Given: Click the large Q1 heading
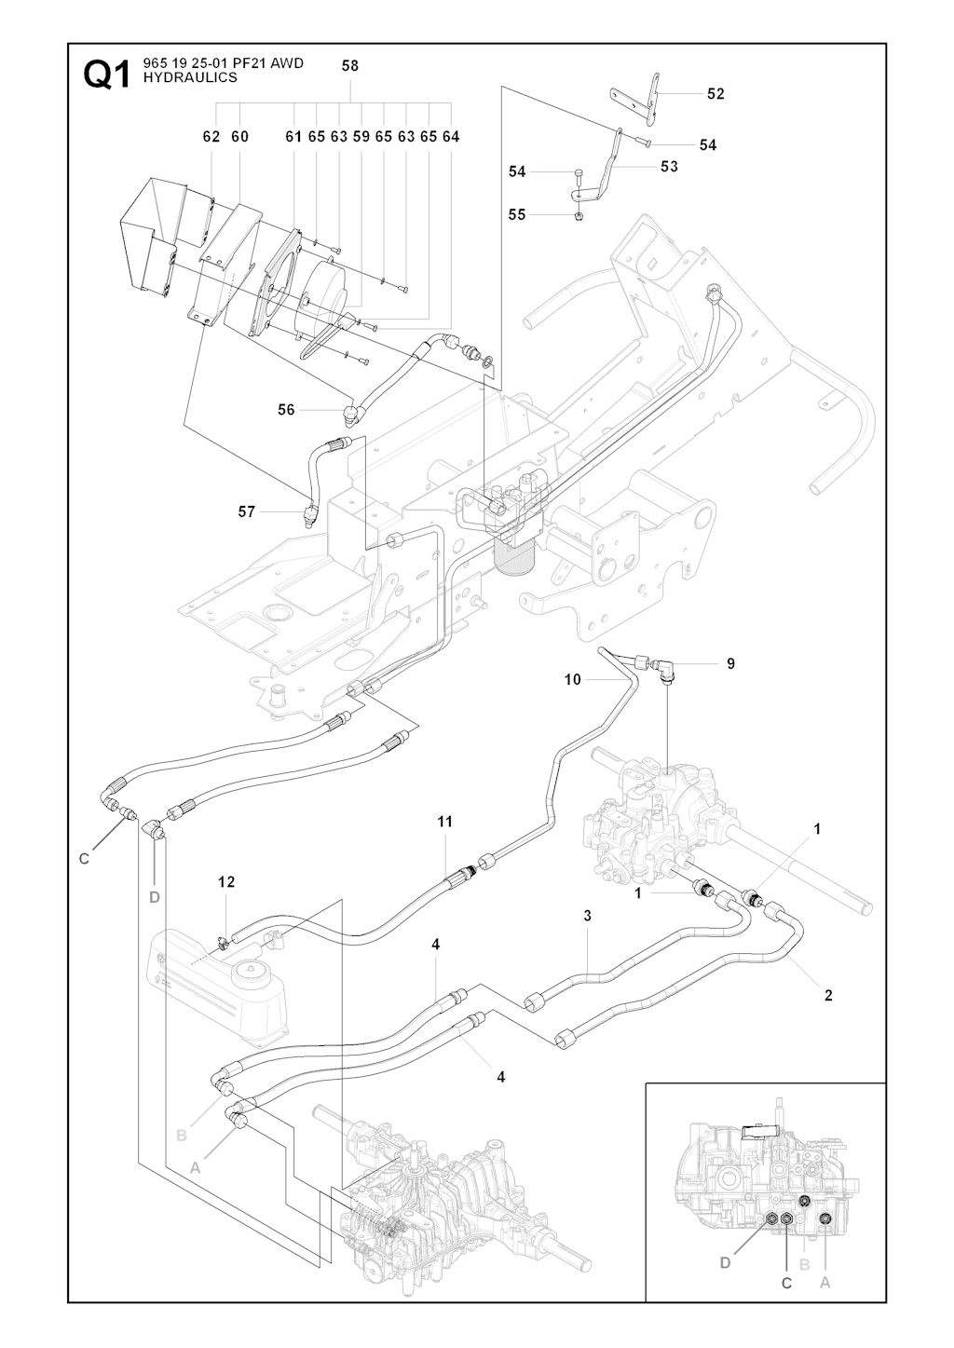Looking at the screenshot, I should point(107,75).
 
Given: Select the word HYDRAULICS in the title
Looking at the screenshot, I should point(190,78).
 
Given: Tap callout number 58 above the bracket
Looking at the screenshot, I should point(350,66).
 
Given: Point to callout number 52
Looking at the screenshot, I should point(715,93).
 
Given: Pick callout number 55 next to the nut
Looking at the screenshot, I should point(517,214).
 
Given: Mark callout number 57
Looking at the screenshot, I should point(247,511).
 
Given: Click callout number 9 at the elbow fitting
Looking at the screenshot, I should point(731,663).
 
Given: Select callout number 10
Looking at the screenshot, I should point(572,680).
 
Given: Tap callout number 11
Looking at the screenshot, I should point(445,821).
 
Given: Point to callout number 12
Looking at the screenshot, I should point(226,881).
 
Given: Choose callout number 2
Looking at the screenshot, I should point(828,995).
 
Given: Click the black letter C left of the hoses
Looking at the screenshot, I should point(84,859).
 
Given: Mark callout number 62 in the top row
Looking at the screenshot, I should point(211,136).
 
